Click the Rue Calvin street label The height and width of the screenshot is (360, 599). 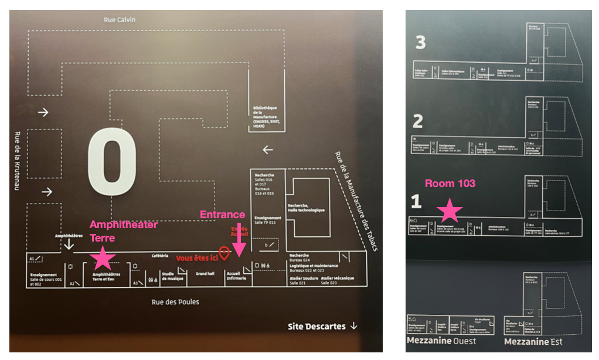120,19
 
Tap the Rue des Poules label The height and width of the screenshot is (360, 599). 175,302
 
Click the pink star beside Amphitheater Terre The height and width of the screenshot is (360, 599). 103,257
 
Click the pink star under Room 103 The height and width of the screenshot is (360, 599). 450,210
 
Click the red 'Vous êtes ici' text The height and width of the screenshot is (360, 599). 196,258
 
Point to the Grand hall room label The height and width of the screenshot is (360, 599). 205,274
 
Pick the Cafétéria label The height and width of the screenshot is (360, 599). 159,256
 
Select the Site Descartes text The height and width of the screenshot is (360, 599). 316,326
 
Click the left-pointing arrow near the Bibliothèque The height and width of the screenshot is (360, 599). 268,150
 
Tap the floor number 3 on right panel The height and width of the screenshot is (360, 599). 420,42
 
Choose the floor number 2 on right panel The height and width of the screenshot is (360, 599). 418,121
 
